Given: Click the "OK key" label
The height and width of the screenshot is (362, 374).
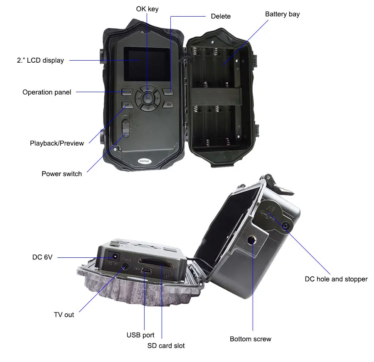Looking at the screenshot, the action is pyautogui.click(x=147, y=9).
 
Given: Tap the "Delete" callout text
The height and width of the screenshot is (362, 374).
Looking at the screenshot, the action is pyautogui.click(x=221, y=16).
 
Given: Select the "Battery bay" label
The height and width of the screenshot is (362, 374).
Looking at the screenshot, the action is pyautogui.click(x=282, y=14).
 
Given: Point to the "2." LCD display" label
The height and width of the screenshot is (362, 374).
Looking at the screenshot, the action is pyautogui.click(x=40, y=61).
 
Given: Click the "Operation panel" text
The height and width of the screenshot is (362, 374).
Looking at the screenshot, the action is pyautogui.click(x=47, y=92).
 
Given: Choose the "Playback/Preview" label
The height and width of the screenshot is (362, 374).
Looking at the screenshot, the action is pyautogui.click(x=57, y=143).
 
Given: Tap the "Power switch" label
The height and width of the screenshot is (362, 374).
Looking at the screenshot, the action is pyautogui.click(x=62, y=174).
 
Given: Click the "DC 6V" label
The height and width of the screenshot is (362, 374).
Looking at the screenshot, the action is pyautogui.click(x=42, y=257).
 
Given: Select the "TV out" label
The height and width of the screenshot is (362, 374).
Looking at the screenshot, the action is pyautogui.click(x=64, y=315).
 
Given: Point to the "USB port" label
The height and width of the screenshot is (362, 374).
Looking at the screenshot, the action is pyautogui.click(x=140, y=335).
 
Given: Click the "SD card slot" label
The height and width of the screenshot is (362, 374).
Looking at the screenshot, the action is pyautogui.click(x=166, y=345).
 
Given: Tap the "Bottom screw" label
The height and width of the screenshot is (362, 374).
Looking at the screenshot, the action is pyautogui.click(x=250, y=339).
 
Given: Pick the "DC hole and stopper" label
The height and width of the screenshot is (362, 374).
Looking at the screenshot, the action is pyautogui.click(x=336, y=279).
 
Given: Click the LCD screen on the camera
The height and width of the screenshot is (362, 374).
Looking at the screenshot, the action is pyautogui.click(x=146, y=64).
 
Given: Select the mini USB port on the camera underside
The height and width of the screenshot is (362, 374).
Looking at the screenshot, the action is pyautogui.click(x=145, y=271).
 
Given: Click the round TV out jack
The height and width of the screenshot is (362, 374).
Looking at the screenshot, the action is pyautogui.click(x=125, y=267).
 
